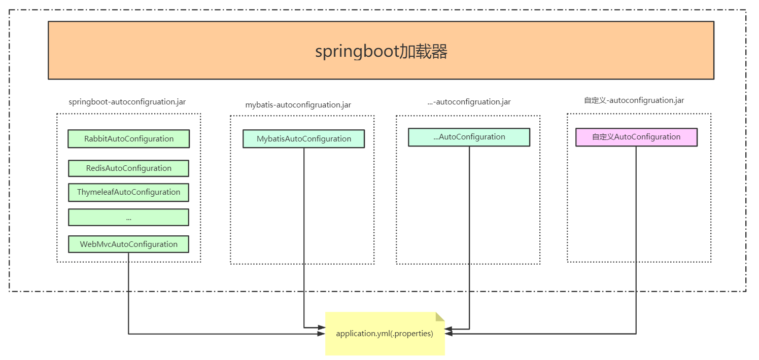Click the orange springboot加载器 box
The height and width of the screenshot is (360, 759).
(381, 51)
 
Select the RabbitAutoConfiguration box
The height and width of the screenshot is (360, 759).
(129, 138)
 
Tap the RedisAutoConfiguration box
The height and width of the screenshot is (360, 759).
(129, 168)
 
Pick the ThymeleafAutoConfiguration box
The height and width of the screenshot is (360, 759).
(129, 192)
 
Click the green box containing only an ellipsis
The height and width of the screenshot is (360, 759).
(129, 217)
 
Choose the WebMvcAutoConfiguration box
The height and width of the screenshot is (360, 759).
(129, 244)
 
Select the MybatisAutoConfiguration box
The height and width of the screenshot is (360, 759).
(303, 138)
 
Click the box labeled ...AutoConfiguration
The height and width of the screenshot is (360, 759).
(469, 137)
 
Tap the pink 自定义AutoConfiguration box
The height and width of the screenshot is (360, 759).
(636, 137)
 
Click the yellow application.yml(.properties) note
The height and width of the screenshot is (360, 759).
(385, 334)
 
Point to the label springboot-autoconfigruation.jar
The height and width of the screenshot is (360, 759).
(127, 101)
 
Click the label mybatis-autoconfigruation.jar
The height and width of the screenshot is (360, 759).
(298, 105)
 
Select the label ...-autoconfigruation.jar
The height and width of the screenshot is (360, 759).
(469, 101)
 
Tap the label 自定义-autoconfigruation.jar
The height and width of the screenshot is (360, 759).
(634, 100)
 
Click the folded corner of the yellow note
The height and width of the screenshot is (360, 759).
(440, 317)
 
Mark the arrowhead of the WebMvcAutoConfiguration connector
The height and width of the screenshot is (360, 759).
(321, 334)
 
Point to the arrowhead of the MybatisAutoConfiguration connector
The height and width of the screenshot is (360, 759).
(321, 328)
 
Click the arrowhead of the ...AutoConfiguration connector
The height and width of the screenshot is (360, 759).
(448, 329)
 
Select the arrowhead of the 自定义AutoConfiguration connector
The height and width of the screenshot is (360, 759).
(449, 334)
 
